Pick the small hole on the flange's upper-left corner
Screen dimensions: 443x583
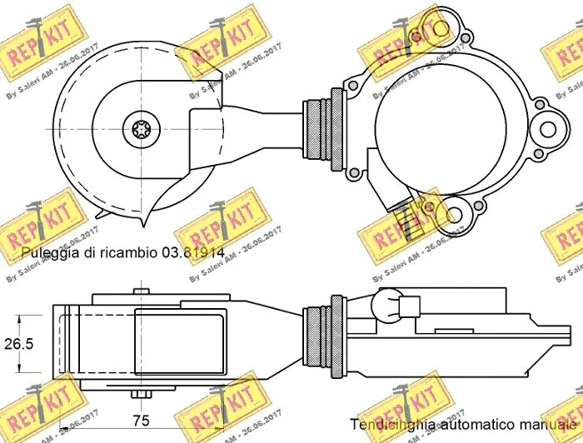354,85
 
